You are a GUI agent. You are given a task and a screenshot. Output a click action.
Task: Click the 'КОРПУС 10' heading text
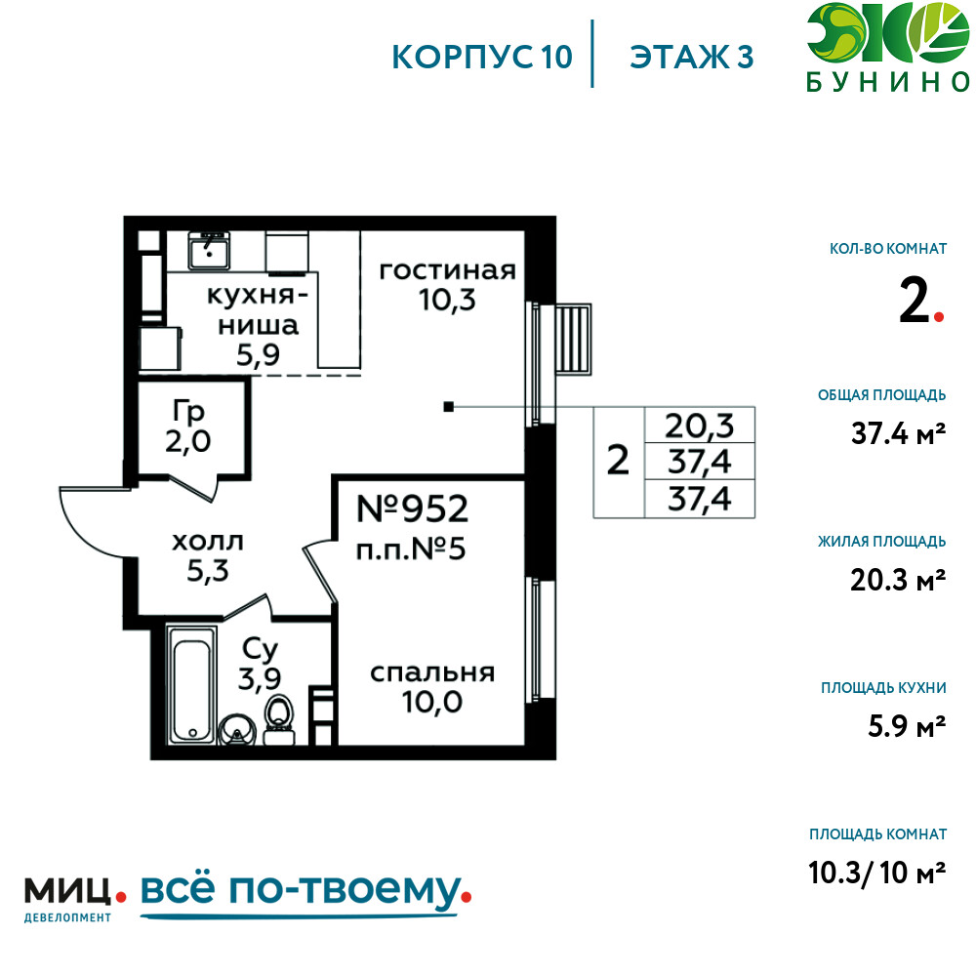(x=482, y=57)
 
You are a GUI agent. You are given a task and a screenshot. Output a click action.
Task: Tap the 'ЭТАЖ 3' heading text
(x=692, y=57)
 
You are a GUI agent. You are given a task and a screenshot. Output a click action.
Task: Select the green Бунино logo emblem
(x=888, y=33)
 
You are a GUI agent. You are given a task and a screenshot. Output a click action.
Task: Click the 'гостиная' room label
(x=448, y=270)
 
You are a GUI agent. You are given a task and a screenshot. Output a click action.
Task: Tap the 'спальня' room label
(x=432, y=672)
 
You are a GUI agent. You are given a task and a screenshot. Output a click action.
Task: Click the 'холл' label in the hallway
(x=207, y=542)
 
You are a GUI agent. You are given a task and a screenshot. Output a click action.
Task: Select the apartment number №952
(x=412, y=509)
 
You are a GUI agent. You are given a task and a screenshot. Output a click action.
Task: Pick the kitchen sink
(x=209, y=250)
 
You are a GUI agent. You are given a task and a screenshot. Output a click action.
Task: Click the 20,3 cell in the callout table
(x=699, y=426)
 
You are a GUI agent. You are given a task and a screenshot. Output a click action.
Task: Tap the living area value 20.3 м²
(x=898, y=580)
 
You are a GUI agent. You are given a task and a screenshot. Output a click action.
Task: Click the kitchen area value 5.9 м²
(x=907, y=726)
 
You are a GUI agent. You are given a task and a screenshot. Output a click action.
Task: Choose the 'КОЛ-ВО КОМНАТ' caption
(x=888, y=249)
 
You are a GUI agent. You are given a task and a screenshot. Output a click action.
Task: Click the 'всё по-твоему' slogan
(x=302, y=890)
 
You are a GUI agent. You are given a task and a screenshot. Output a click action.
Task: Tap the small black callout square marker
(x=448, y=407)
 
